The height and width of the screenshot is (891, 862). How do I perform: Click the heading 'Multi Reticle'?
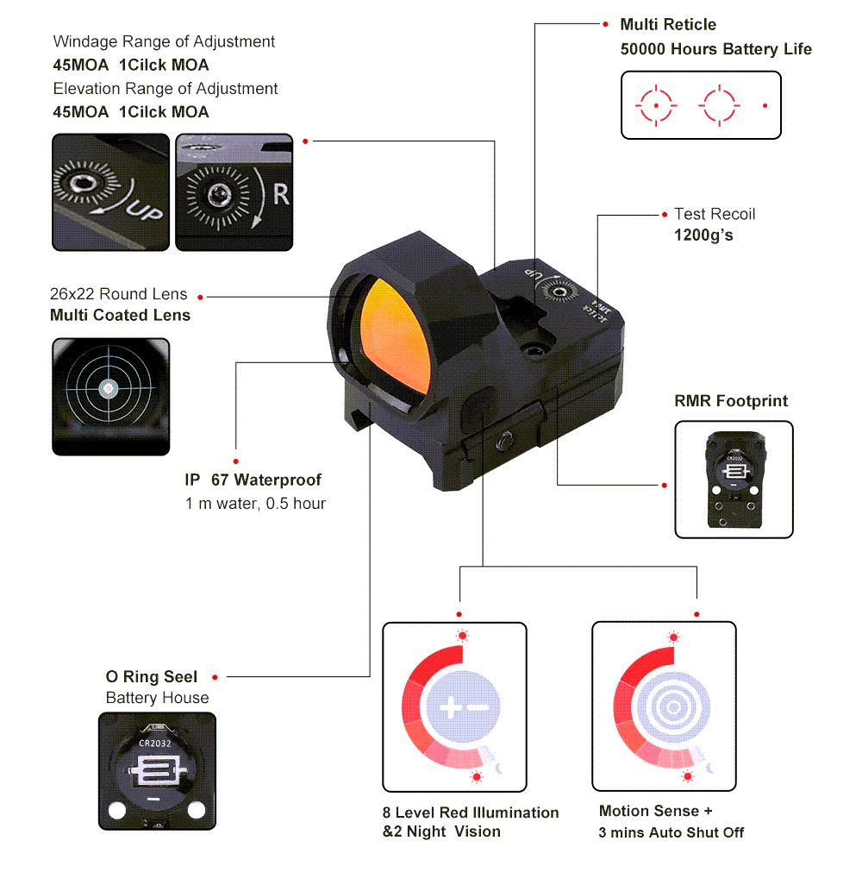click(x=668, y=24)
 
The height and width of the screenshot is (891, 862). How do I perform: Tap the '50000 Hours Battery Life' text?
click(x=715, y=49)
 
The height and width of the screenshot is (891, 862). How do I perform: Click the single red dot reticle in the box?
click(x=765, y=105)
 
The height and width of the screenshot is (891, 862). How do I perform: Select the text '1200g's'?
click(x=703, y=234)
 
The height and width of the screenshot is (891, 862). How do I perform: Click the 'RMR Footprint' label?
click(x=731, y=401)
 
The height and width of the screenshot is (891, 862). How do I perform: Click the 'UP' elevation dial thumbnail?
click(x=110, y=191)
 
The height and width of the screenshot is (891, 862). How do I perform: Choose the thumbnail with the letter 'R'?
click(x=233, y=191)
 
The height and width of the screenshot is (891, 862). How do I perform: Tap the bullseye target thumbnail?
click(x=110, y=396)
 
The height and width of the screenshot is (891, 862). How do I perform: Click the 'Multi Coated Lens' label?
click(x=120, y=315)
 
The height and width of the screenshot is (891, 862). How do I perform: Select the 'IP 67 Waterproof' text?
click(x=253, y=480)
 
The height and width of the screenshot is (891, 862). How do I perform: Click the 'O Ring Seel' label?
click(x=152, y=677)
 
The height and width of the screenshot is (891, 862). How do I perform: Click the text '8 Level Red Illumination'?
click(x=471, y=813)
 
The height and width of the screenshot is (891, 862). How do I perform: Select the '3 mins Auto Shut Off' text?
click(x=671, y=832)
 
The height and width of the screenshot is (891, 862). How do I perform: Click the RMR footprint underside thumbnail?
click(x=734, y=480)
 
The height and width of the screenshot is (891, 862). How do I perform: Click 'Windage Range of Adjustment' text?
click(x=164, y=41)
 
